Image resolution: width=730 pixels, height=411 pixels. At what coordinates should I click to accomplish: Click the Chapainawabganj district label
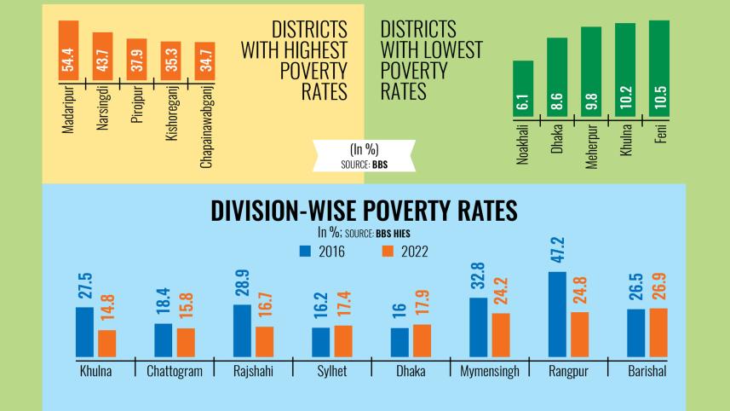tap(205, 124)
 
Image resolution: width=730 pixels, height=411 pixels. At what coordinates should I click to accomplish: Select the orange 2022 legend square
tap(387, 252)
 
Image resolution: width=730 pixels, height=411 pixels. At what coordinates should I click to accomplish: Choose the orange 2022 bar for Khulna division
tap(107, 343)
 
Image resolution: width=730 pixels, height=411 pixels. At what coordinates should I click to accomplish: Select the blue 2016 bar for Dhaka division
tap(399, 342)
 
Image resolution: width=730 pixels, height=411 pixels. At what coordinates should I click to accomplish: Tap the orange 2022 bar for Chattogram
tap(186, 342)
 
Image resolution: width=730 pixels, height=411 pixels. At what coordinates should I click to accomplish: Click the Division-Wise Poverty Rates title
tap(364, 210)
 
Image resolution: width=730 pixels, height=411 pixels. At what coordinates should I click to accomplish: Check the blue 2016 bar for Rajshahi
tap(242, 330)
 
